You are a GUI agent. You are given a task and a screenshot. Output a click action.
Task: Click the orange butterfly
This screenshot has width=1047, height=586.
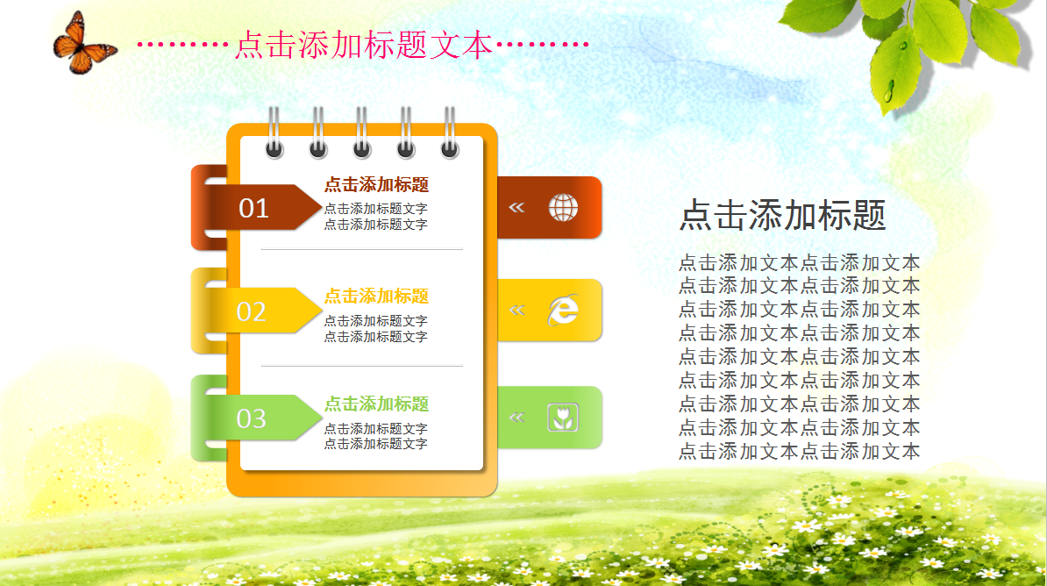click(83, 44)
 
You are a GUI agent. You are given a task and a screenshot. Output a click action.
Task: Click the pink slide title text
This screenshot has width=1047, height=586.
click(364, 45)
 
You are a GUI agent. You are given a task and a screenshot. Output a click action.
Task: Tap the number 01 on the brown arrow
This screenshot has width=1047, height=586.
click(253, 209)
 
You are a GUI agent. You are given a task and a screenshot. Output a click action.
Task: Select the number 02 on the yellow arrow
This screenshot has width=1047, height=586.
click(252, 312)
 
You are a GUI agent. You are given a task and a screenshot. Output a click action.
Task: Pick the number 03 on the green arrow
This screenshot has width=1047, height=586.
click(252, 419)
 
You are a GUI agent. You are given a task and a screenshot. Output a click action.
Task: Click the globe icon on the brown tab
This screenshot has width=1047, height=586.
click(564, 208)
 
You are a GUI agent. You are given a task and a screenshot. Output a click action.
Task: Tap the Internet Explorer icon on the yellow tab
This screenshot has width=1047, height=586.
click(563, 310)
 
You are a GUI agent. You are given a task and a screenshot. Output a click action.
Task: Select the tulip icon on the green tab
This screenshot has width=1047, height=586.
click(563, 418)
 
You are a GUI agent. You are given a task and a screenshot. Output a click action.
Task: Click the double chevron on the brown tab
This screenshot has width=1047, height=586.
click(516, 208)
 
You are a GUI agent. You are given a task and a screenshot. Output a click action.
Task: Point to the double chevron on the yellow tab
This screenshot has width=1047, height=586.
click(517, 310)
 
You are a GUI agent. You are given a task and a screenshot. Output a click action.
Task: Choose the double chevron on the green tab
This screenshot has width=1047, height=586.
click(517, 418)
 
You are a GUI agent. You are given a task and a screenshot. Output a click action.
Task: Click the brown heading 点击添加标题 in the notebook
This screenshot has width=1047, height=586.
click(376, 184)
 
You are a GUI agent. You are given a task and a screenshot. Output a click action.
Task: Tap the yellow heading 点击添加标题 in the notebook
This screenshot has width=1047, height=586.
click(376, 296)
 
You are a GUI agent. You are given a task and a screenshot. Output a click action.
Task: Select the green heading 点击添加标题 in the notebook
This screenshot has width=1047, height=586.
click(376, 404)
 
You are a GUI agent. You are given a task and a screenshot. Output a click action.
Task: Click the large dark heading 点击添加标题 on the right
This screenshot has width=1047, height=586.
click(782, 215)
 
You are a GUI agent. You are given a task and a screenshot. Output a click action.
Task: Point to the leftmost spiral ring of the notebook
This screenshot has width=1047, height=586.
click(274, 132)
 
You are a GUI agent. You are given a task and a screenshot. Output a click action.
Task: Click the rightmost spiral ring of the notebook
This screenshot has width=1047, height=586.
click(450, 132)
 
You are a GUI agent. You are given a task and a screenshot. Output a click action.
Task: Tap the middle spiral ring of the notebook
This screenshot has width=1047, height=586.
click(362, 132)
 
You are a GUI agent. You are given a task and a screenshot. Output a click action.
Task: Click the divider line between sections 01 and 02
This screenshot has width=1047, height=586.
click(362, 249)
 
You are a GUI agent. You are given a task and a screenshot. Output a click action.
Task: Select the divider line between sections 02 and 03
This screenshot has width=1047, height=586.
click(362, 366)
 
